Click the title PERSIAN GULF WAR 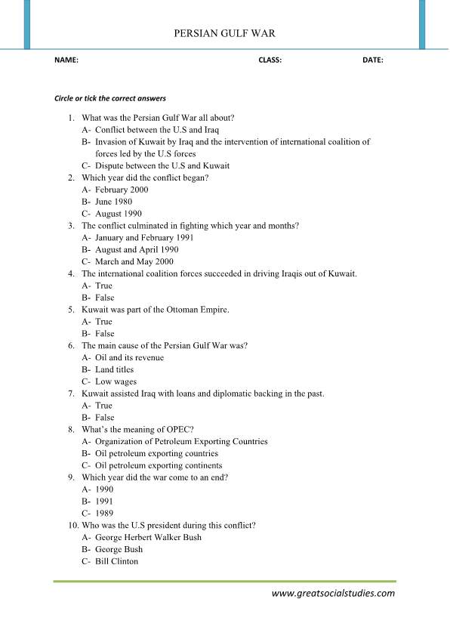click(224, 33)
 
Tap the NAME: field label click(66, 60)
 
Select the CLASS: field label click(270, 60)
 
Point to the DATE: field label click(372, 60)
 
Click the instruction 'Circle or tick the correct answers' click(110, 99)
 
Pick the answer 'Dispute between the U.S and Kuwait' click(162, 166)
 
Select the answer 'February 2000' click(122, 190)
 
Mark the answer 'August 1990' click(118, 214)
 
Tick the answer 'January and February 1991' click(144, 237)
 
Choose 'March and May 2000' click(135, 261)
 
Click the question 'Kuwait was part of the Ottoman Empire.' click(156, 310)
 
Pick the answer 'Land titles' click(114, 369)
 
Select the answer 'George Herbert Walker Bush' click(148, 538)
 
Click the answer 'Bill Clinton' click(116, 562)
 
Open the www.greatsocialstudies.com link click(333, 594)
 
